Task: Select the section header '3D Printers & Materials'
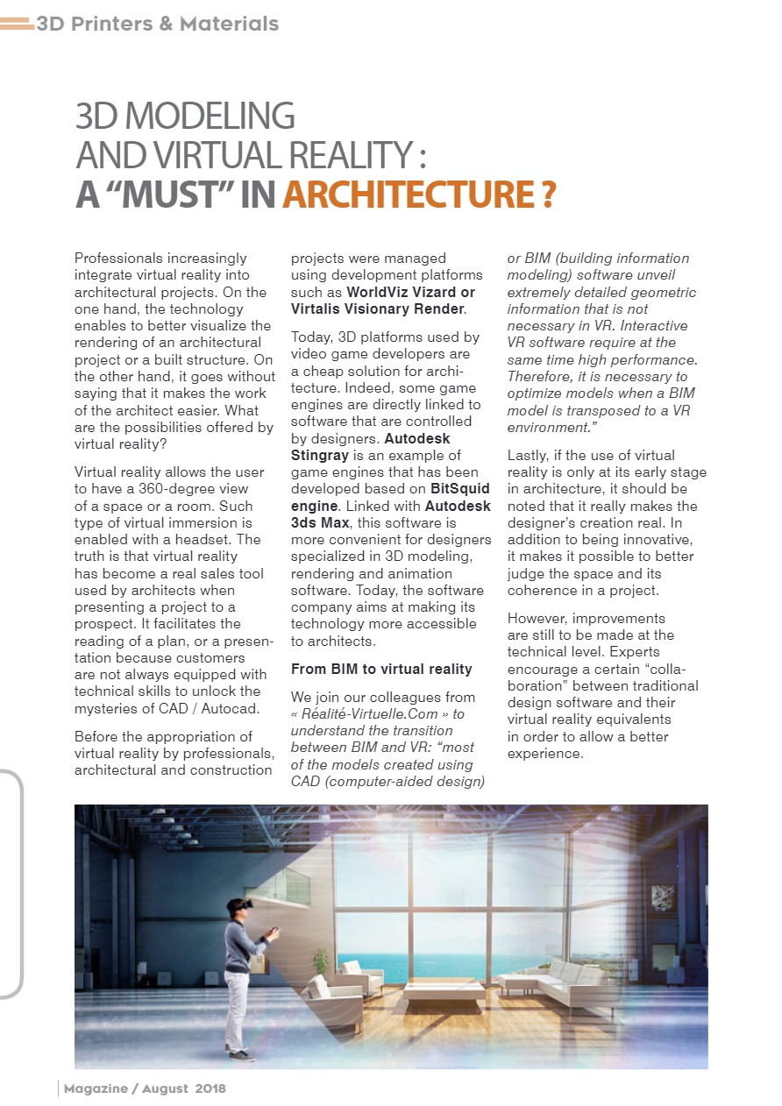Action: point(157,24)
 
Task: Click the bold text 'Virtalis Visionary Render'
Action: point(377,308)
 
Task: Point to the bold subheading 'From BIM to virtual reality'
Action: point(381,669)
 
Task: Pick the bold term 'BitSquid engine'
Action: point(390,497)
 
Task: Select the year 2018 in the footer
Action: point(210,1088)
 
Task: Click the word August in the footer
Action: point(166,1088)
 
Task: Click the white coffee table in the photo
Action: point(443,988)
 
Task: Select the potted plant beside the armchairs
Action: point(321,962)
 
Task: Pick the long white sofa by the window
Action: point(561,980)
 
